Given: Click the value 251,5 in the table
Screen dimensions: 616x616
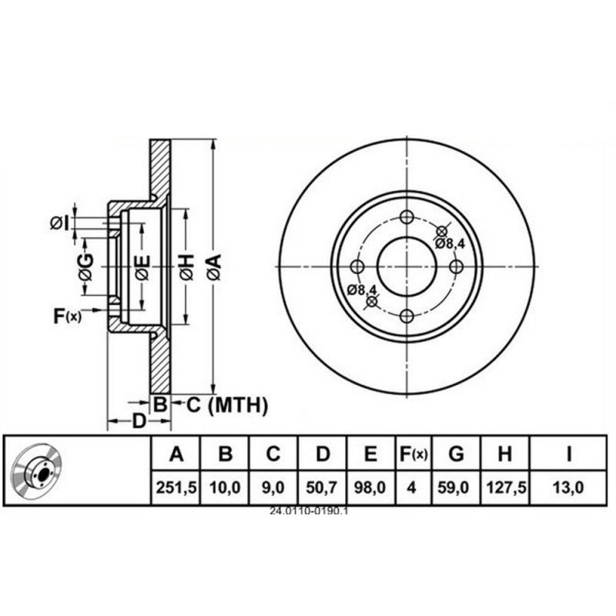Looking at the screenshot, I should [x=176, y=488].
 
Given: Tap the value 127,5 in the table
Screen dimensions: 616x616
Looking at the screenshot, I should [x=504, y=488].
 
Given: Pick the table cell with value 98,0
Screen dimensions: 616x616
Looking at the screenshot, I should [x=370, y=488].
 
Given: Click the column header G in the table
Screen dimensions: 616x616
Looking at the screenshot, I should [x=456, y=455].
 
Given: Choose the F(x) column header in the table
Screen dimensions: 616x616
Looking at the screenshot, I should [x=413, y=455].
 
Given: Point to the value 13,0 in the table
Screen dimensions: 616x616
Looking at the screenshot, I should [x=568, y=488].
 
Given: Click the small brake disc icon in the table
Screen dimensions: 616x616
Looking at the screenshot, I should [x=38, y=471].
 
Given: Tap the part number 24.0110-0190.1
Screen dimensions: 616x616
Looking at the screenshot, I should [x=309, y=511].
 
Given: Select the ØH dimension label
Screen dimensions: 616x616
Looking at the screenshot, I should [x=187, y=266].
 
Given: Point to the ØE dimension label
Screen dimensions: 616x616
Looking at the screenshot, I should [x=142, y=266].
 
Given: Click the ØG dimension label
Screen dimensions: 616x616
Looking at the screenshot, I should [x=85, y=266].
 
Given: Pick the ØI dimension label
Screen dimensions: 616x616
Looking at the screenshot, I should [x=60, y=223].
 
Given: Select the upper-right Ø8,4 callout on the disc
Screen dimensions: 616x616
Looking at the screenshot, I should [x=450, y=243].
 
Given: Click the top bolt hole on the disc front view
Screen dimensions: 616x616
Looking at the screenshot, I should [x=407, y=217].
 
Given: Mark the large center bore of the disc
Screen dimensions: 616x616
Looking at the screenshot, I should [x=407, y=266].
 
